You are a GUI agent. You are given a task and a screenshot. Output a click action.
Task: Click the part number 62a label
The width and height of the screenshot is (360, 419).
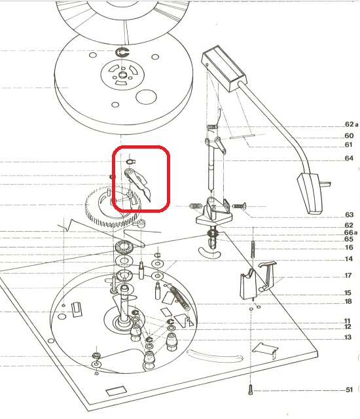[x=351, y=124]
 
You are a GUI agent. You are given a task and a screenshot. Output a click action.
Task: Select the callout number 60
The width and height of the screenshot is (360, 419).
[x=349, y=136]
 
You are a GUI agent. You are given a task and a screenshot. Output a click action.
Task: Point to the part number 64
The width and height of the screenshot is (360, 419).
[x=349, y=158]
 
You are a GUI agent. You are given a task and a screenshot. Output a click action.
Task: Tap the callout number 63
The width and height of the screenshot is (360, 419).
[x=349, y=215]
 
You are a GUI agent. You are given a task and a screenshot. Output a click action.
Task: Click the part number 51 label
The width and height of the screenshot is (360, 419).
[x=349, y=390]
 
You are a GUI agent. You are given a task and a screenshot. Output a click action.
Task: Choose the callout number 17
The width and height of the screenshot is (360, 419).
[x=348, y=275]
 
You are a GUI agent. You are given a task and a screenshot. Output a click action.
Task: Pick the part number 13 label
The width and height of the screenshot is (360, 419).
[x=348, y=337]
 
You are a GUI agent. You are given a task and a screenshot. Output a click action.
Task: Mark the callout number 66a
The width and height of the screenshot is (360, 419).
[x=351, y=233]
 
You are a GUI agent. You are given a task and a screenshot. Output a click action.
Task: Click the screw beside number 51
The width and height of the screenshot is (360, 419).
[x=251, y=389]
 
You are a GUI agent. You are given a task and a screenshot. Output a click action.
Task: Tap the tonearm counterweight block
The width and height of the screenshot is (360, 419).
[x=224, y=69]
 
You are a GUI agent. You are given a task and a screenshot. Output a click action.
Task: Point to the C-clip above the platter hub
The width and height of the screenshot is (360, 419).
[x=122, y=52]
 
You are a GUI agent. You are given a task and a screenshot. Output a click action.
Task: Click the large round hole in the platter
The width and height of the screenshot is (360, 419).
[x=146, y=97]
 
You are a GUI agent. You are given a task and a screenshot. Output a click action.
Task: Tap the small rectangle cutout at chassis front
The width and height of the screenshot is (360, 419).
[x=116, y=391]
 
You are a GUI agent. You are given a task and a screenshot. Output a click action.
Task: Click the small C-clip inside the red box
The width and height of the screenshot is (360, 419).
[x=131, y=162]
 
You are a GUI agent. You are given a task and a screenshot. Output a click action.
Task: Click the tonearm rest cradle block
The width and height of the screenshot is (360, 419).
[x=248, y=285]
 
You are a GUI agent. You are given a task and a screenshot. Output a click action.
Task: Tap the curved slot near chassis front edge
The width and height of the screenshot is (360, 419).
[x=215, y=355]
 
